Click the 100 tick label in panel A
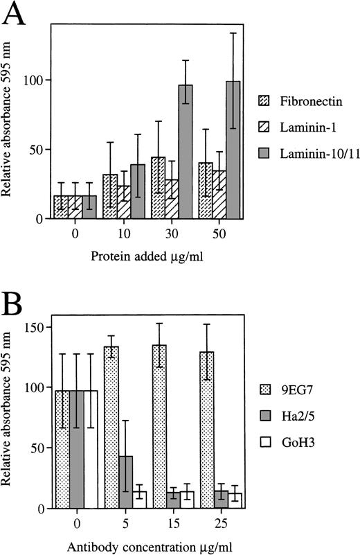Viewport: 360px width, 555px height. [x=34, y=80]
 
